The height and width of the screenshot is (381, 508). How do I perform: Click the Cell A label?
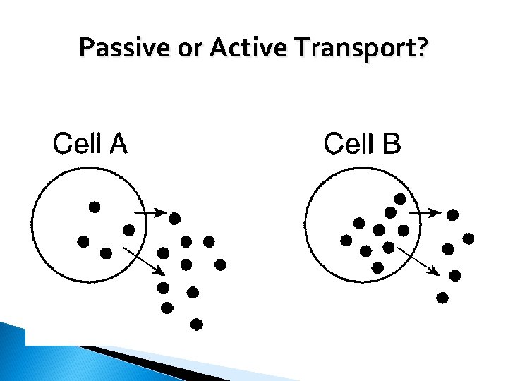(90, 144)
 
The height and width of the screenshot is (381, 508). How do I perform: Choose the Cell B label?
(362, 144)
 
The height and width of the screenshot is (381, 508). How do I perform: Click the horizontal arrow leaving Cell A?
(150, 212)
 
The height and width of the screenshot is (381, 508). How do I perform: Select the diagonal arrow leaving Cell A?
(144, 260)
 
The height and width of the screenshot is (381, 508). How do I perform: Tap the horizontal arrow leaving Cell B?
(425, 211)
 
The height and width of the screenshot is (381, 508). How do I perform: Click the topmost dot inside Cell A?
(94, 207)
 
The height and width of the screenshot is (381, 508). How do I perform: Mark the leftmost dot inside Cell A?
(83, 241)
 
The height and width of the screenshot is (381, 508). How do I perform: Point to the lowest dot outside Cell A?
(197, 325)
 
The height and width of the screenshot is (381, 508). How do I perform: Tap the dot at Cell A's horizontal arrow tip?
(174, 218)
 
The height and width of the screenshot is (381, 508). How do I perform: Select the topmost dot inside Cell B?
(399, 199)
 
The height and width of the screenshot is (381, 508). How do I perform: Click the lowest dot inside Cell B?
(377, 267)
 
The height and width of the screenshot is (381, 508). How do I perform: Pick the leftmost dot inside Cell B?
(346, 241)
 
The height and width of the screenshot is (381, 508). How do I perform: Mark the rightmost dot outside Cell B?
(468, 238)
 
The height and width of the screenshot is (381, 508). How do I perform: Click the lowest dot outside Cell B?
(442, 298)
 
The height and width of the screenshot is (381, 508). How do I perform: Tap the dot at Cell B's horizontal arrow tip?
(453, 214)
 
